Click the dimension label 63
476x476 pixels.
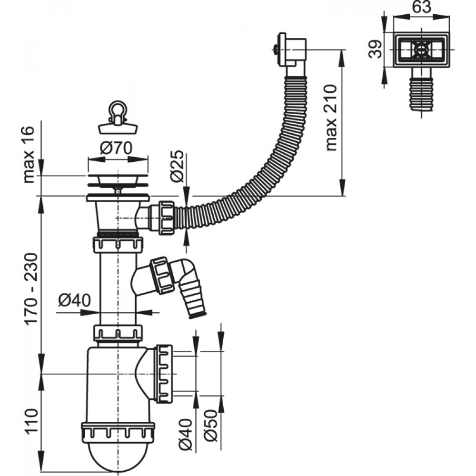(x=422, y=7)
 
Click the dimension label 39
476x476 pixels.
(x=376, y=49)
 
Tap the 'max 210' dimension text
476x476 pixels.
(x=331, y=118)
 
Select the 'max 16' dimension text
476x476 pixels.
(x=29, y=154)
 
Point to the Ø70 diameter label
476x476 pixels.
(x=116, y=148)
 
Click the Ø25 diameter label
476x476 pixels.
(x=177, y=166)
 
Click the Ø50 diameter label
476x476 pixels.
(x=210, y=426)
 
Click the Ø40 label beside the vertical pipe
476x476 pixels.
(x=74, y=300)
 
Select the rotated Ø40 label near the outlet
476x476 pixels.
(x=185, y=435)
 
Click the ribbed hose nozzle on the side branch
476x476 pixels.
(x=193, y=299)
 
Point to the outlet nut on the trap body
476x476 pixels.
(x=165, y=374)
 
